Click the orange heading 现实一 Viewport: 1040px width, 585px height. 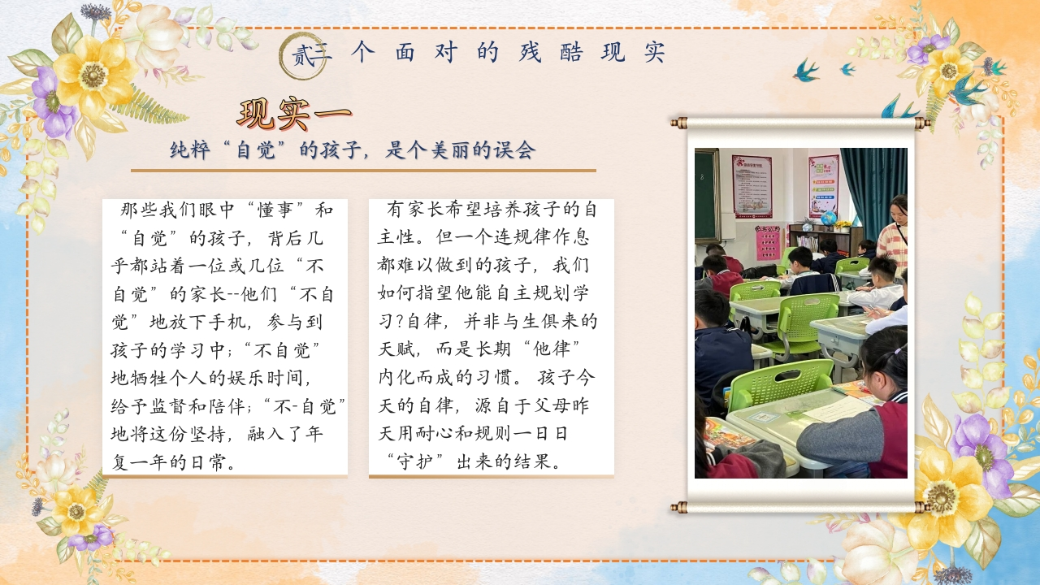click(x=294, y=114)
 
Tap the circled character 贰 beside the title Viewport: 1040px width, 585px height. click(x=303, y=57)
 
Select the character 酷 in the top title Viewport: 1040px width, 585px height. click(x=570, y=52)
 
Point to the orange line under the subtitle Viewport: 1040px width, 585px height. click(x=363, y=171)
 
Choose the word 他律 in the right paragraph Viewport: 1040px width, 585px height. click(x=552, y=349)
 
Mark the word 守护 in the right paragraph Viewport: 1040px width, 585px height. click(x=415, y=462)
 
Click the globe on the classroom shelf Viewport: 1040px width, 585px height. click(x=828, y=219)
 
